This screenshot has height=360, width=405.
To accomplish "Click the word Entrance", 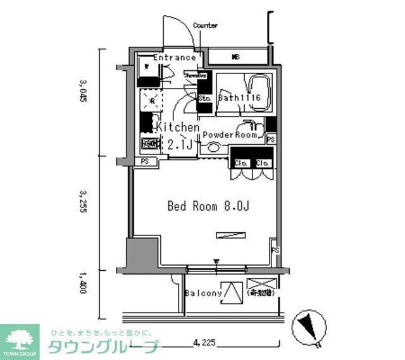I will click(174, 58).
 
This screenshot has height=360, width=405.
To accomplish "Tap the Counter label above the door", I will click(205, 26).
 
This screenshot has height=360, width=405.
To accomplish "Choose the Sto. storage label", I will click(205, 99).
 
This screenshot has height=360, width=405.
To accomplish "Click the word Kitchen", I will click(178, 127).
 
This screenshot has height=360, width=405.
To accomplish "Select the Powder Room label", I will click(230, 135).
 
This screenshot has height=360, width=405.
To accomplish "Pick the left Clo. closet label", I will click(240, 163).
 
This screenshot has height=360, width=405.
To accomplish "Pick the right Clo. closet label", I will click(263, 163).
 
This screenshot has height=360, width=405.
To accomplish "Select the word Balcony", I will click(203, 294).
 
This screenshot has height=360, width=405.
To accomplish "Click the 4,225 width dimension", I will click(204, 343).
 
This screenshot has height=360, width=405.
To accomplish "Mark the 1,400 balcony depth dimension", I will click(82, 283).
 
